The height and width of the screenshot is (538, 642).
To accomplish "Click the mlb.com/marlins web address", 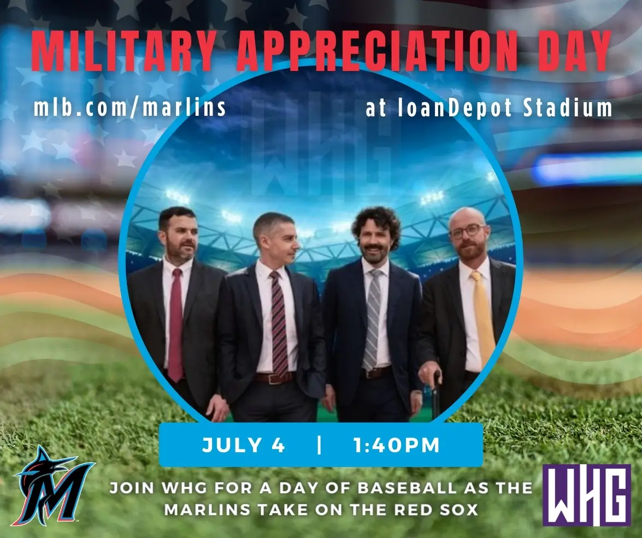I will pos(130,108).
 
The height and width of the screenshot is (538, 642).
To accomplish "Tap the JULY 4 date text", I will pos(244,445).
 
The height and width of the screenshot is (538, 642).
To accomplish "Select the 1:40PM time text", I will pos(396,445).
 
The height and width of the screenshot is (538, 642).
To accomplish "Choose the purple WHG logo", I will pos(586,495).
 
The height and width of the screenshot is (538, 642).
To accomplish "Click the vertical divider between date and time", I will pos(319,445).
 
